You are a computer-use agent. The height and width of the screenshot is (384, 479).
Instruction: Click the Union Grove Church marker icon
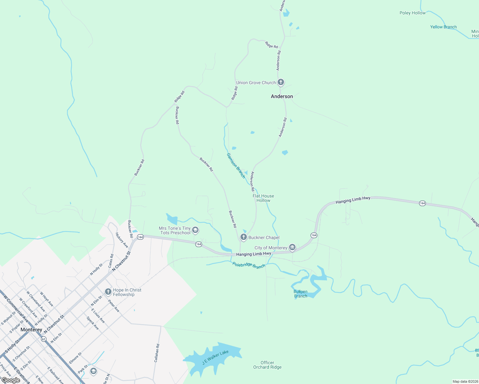[281, 82]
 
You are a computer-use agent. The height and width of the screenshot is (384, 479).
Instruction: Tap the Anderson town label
[282, 96]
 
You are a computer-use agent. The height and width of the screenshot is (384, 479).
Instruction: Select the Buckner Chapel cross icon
[244, 237]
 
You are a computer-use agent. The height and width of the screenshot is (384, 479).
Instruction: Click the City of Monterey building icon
[292, 247]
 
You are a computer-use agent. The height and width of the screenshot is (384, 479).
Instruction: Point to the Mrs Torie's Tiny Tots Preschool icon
[195, 230]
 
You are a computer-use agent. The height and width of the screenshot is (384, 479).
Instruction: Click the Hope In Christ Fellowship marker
[108, 292]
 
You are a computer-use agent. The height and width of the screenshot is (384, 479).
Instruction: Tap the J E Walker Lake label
[215, 357]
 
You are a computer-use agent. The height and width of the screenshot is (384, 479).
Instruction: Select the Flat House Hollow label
[263, 198]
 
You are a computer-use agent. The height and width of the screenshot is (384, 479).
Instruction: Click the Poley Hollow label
[412, 13]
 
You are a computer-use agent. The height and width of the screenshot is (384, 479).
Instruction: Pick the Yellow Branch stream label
[443, 27]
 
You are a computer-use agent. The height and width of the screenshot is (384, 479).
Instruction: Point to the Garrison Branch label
[236, 165]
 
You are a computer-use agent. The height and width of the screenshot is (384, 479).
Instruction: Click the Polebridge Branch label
[249, 265]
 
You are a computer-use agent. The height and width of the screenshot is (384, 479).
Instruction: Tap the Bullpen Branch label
[300, 294]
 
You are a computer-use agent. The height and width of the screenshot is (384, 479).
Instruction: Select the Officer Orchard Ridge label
[267, 365]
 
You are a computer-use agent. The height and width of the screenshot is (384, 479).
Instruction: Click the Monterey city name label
[31, 330]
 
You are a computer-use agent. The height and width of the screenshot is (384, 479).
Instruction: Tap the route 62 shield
[43, 339]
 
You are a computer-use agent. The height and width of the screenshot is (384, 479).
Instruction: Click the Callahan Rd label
[157, 353]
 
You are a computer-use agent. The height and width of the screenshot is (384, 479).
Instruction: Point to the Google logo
[11, 380]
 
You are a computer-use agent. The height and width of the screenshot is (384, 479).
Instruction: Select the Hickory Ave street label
[122, 240]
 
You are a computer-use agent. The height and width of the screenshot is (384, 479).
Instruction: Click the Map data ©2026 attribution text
[465, 381]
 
